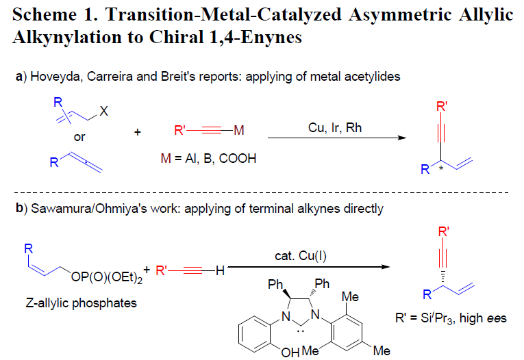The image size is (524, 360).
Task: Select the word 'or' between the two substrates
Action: tap(79, 138)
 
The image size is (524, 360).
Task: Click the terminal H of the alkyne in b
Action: tap(220, 271)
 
